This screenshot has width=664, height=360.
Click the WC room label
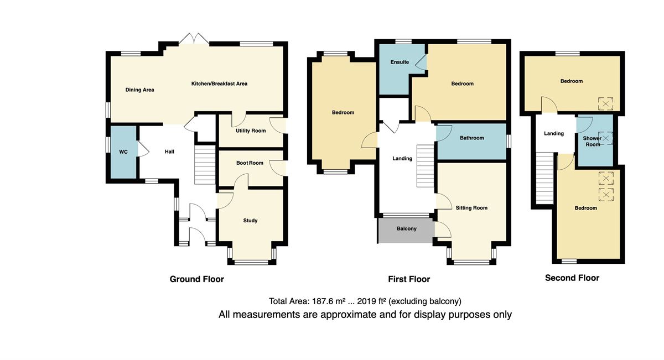pos(123,152)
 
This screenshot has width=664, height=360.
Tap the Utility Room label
pos(251,131)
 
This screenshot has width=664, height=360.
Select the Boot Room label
pos(250,163)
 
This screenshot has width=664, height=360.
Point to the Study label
pos(250,221)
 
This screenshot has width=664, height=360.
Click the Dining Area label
pos(139,90)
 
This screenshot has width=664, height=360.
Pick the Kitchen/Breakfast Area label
pos(219,84)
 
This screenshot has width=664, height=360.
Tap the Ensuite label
pos(400,62)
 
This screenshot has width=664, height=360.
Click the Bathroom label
pos(472,138)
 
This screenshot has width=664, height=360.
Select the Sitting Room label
pos(471,208)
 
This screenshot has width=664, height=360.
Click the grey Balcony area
pos(406,231)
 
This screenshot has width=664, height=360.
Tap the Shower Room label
pos(593,142)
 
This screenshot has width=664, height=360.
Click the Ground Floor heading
pos(197,279)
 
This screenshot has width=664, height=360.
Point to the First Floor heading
pos(409,279)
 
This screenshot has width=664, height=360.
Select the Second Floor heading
pos(572,278)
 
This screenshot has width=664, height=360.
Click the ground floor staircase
pos(205,165)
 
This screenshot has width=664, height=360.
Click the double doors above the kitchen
pos(194,39)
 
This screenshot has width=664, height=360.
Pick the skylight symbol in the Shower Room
pos(605,138)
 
